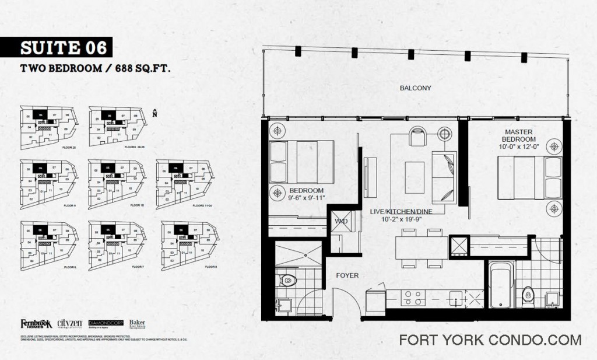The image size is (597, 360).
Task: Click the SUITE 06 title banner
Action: pos(56,47)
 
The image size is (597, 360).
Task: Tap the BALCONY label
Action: pos(415,88)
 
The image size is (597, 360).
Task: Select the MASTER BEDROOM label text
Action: pos(519,136)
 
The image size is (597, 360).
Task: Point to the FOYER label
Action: pos(347,275)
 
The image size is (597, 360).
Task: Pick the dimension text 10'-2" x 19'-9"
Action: pos(400,219)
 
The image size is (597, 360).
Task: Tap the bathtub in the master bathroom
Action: pos(501,286)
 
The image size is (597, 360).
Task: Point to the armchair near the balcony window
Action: pos(417,137)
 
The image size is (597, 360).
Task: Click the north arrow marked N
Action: pos(154,113)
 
